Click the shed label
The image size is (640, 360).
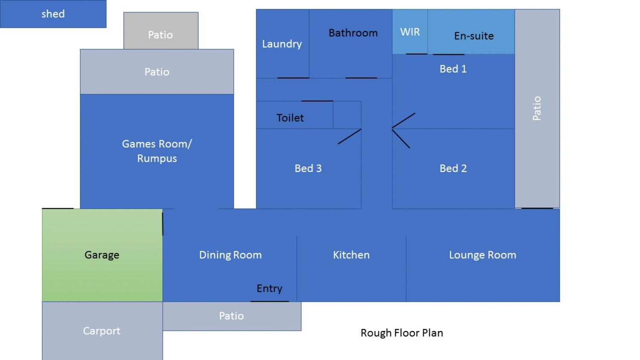[x=53, y=14]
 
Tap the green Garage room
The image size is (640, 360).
[x=102, y=255]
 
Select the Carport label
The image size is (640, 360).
[x=102, y=331]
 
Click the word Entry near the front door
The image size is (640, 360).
[x=269, y=289]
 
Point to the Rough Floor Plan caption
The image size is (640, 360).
[x=402, y=333]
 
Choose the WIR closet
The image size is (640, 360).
[x=410, y=32]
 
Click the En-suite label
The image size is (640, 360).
[x=474, y=36]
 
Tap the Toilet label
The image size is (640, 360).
[x=290, y=118]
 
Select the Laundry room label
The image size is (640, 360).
[x=282, y=44]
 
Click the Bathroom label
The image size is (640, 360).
[x=353, y=33]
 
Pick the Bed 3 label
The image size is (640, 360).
[x=308, y=168]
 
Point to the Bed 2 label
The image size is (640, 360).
[x=453, y=168]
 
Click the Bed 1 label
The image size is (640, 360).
[x=453, y=69]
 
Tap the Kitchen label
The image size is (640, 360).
[x=351, y=255]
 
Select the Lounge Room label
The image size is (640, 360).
[x=483, y=255]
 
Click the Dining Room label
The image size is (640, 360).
[x=230, y=255]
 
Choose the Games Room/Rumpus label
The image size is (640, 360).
[x=157, y=151]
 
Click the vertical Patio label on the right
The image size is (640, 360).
[x=537, y=109]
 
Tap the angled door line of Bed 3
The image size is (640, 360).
[x=349, y=136]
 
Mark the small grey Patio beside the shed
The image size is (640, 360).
[x=161, y=31]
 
